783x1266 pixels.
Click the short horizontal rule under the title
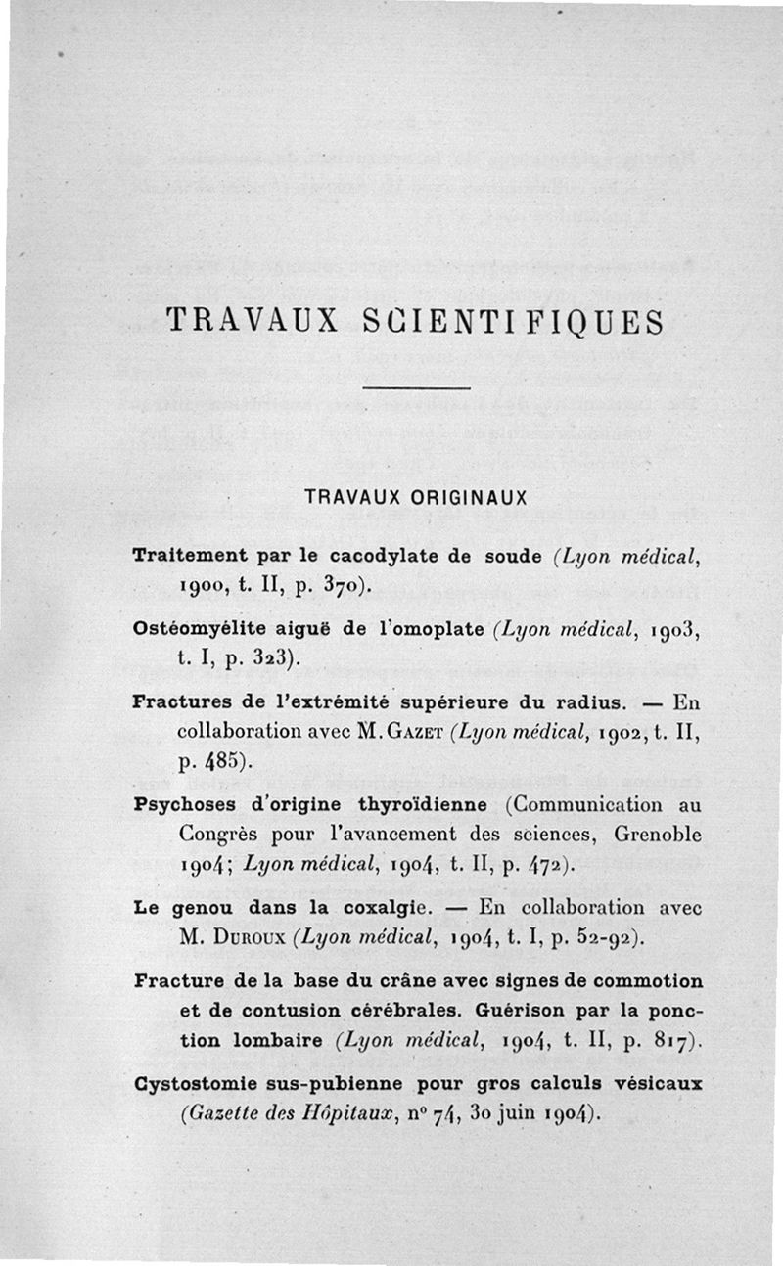coord(416,390)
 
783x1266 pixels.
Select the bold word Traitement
coord(188,555)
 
